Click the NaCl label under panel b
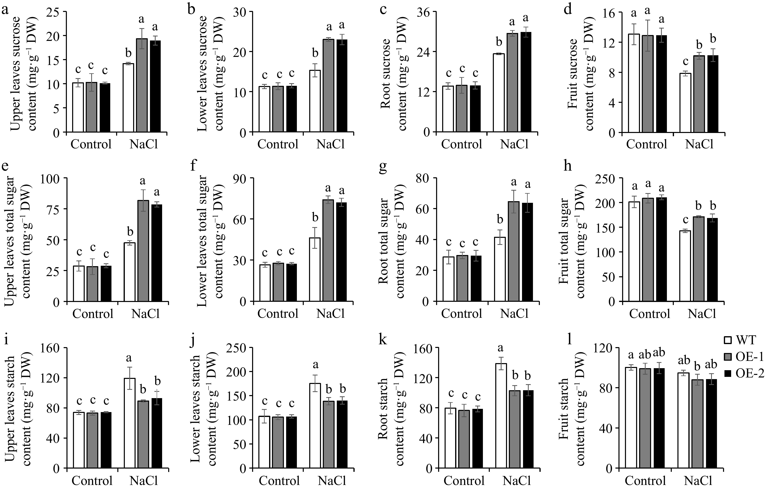(x=331, y=145)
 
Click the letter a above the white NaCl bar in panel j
(x=315, y=364)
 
